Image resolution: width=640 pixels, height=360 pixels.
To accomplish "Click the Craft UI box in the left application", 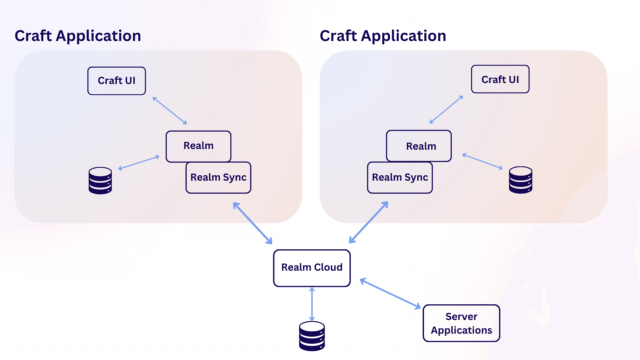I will (117, 81).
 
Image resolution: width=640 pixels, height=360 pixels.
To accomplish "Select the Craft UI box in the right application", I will (500, 79).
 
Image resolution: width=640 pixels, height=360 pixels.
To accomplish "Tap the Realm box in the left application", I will (198, 146).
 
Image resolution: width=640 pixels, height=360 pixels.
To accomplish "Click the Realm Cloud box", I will (312, 268).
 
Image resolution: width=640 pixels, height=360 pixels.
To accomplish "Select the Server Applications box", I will (461, 323).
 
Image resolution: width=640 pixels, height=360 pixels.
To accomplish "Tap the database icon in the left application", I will (100, 181).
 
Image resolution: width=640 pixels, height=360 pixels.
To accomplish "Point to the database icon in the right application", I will (520, 180).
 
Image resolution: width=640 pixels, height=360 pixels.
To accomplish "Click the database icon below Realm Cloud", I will (312, 336).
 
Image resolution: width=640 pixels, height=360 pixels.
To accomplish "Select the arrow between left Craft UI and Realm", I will (170, 111).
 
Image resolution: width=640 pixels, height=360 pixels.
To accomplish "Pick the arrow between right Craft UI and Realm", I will (446, 109).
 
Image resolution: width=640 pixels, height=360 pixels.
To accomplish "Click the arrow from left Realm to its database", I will (139, 163).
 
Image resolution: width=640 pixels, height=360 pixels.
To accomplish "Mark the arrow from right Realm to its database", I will (482, 161).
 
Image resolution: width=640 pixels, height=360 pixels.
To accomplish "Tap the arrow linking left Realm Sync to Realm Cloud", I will (253, 223).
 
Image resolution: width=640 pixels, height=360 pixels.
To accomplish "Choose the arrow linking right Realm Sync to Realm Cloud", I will (369, 222).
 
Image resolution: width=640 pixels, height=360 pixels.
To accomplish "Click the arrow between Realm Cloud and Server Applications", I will (390, 294).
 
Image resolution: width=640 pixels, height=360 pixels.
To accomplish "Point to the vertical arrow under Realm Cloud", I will (312, 304).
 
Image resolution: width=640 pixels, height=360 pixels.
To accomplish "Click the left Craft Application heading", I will (78, 36).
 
